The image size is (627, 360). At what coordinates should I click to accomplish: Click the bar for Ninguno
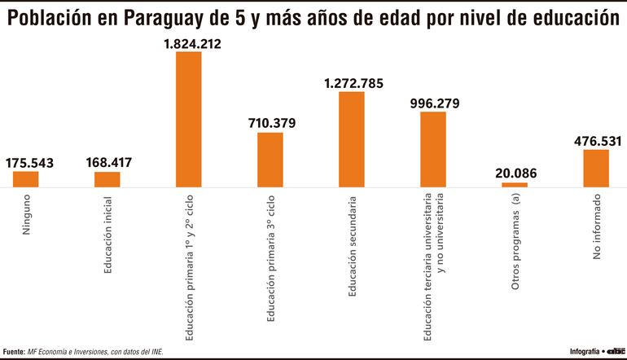tap(25, 179)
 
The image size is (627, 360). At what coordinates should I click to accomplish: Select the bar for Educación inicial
tap(107, 179)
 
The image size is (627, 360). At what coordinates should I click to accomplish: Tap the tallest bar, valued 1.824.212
tap(188, 120)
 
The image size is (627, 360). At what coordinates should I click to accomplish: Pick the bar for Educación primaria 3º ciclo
tap(270, 160)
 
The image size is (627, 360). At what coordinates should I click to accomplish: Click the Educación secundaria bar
tap(351, 139)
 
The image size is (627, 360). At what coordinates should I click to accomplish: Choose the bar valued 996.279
tap(432, 150)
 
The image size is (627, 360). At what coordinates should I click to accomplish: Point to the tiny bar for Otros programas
tap(514, 185)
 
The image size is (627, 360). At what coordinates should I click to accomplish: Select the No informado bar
tap(595, 169)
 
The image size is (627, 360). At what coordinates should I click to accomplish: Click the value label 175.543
tap(29, 163)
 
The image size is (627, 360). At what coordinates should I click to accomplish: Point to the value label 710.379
tap(272, 124)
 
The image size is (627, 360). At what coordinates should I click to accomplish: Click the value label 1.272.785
tap(353, 83)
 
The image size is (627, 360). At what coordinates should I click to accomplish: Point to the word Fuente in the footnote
tap(14, 351)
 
